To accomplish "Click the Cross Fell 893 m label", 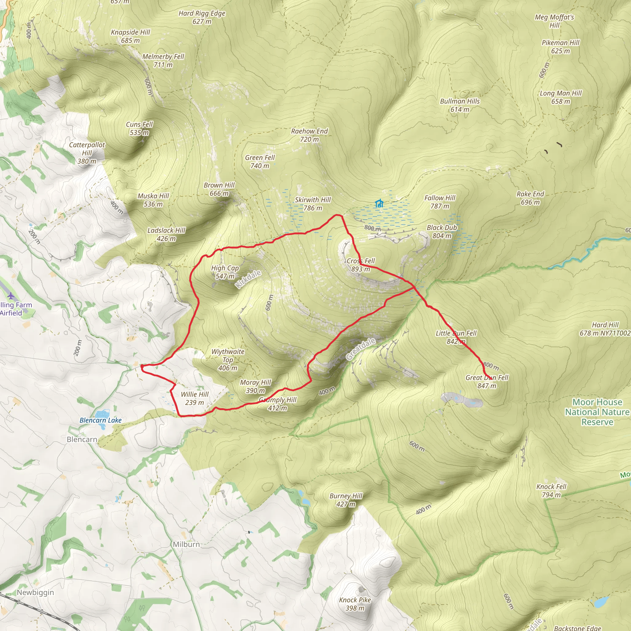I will click(360, 265).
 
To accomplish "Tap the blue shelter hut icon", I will click(379, 203).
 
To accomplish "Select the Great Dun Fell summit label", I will click(486, 381).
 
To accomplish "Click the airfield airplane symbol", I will click(11, 296).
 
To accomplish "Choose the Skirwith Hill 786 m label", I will click(312, 204).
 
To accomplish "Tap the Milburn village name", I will click(186, 544).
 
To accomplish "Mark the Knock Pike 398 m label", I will click(355, 604).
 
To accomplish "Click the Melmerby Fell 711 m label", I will click(163, 61).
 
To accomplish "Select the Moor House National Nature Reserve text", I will click(597, 412).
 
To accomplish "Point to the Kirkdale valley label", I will click(248, 279).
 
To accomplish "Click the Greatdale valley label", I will click(360, 349).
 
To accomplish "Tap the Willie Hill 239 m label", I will click(195, 398).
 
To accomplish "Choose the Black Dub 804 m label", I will click(442, 232).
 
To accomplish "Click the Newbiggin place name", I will click(35, 592).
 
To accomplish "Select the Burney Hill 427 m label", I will click(346, 500).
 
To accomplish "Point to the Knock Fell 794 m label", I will click(551, 491).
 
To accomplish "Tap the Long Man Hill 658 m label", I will click(561, 97).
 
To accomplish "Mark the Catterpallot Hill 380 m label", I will click(87, 153).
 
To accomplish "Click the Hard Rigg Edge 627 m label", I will click(202, 17).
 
